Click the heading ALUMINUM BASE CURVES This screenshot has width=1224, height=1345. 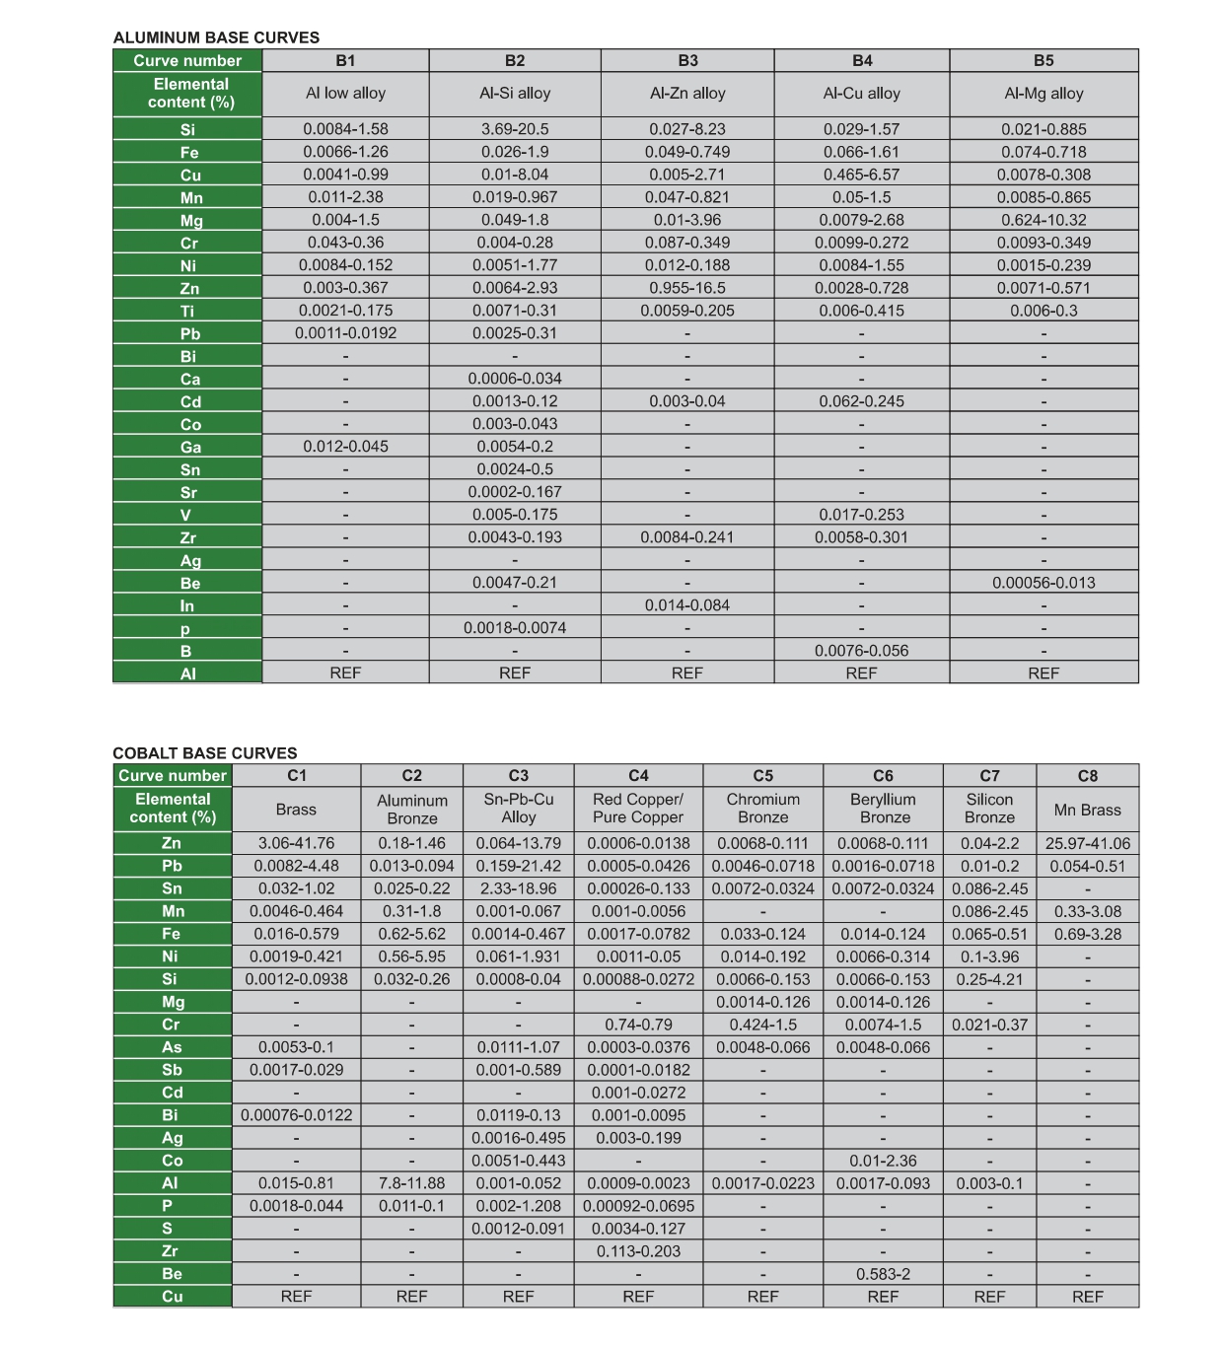pyautogui.click(x=216, y=37)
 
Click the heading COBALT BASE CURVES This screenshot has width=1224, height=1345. pyautogui.click(x=204, y=752)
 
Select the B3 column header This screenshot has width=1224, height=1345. pyautogui.click(x=687, y=60)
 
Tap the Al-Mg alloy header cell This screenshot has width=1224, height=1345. pyautogui.click(x=1044, y=94)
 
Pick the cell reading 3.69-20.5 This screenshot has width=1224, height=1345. pyautogui.click(x=515, y=129)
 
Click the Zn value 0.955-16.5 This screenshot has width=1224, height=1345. pyautogui.click(x=687, y=288)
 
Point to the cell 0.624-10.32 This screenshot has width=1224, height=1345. pyautogui.click(x=1044, y=220)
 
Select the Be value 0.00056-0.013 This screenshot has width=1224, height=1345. pyautogui.click(x=1044, y=583)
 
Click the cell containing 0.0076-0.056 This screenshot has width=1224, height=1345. pyautogui.click(x=861, y=651)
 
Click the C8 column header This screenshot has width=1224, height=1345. pyautogui.click(x=1087, y=776)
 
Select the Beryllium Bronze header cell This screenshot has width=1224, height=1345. pyautogui.click(x=883, y=809)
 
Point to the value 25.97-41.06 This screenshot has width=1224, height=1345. pyautogui.click(x=1087, y=843)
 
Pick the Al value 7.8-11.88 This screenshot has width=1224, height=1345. pyautogui.click(x=411, y=1183)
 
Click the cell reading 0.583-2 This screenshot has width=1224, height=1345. pyautogui.click(x=883, y=1274)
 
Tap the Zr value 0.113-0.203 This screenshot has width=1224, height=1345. pyautogui.click(x=638, y=1251)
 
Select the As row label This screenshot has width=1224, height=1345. pyautogui.click(x=173, y=1047)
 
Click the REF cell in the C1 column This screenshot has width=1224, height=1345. pyautogui.click(x=296, y=1297)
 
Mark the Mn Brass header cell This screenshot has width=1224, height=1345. pyautogui.click(x=1087, y=810)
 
